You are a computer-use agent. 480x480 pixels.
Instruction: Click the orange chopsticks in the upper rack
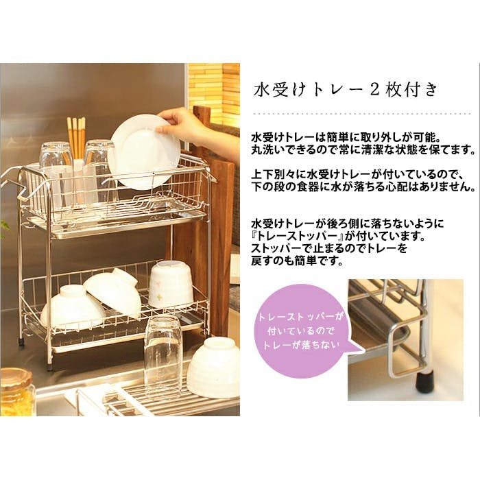[x=77, y=137]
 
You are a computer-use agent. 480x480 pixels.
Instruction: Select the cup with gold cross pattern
[x=171, y=285]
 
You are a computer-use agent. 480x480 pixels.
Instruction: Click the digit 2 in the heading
[x=374, y=91]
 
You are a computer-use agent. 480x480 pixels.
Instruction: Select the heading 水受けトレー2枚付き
[x=346, y=91]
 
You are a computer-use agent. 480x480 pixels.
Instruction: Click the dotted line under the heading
[x=363, y=114]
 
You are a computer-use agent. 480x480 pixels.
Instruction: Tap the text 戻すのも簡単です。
[x=297, y=261]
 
